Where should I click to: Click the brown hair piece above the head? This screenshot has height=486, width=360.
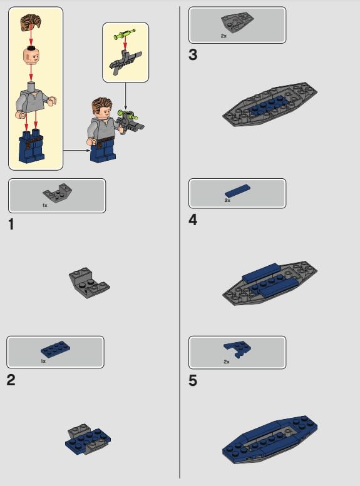(31, 23)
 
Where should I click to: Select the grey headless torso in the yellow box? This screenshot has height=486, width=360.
(35, 100)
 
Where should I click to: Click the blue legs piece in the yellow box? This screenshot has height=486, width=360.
(31, 146)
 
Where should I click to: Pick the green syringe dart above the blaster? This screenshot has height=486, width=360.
(125, 34)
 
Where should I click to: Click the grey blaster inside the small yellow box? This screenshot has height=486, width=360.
(125, 63)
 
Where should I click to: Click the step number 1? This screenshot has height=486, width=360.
(11, 225)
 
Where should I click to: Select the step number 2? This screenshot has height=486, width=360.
(11, 380)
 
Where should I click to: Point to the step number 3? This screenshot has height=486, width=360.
(193, 55)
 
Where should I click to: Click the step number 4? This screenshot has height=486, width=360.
(193, 220)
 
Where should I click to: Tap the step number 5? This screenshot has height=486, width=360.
(193, 381)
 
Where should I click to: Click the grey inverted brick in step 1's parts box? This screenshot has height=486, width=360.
(57, 193)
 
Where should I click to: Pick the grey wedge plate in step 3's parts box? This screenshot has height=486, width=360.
(237, 22)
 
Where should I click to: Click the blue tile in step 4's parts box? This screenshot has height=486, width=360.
(237, 191)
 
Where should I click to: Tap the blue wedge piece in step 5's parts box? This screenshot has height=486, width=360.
(237, 350)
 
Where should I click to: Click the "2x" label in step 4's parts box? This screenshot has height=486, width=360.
(227, 201)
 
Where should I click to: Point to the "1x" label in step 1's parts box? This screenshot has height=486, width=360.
(45, 206)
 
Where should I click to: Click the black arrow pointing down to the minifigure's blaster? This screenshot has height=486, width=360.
(125, 96)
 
